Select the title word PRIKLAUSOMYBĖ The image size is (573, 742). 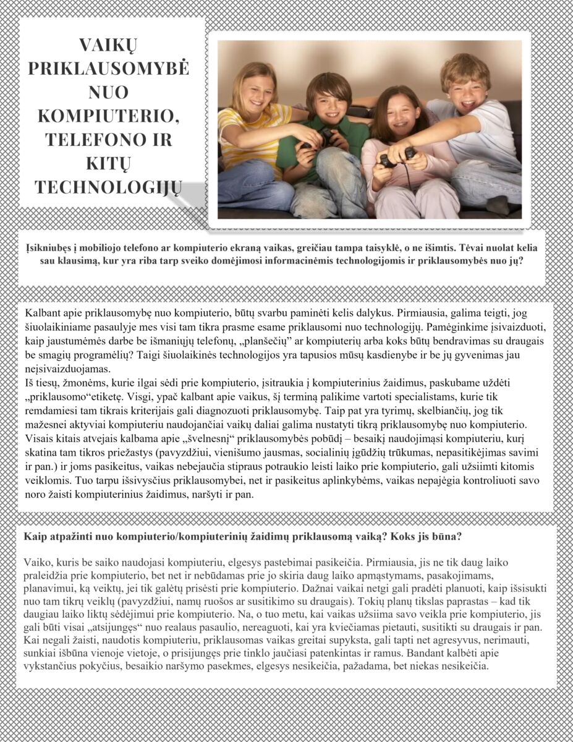109,68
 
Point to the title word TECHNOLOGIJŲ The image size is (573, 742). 109,187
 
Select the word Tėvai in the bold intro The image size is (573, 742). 480,247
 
